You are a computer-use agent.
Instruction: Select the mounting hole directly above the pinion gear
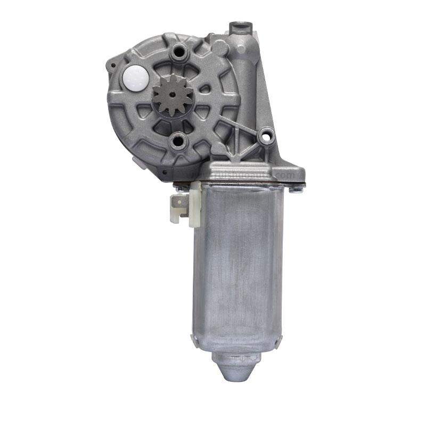(177, 53)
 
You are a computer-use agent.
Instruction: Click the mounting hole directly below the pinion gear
(178, 141)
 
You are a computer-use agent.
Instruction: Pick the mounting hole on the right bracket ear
(264, 137)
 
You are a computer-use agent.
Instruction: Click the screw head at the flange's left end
(180, 187)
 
